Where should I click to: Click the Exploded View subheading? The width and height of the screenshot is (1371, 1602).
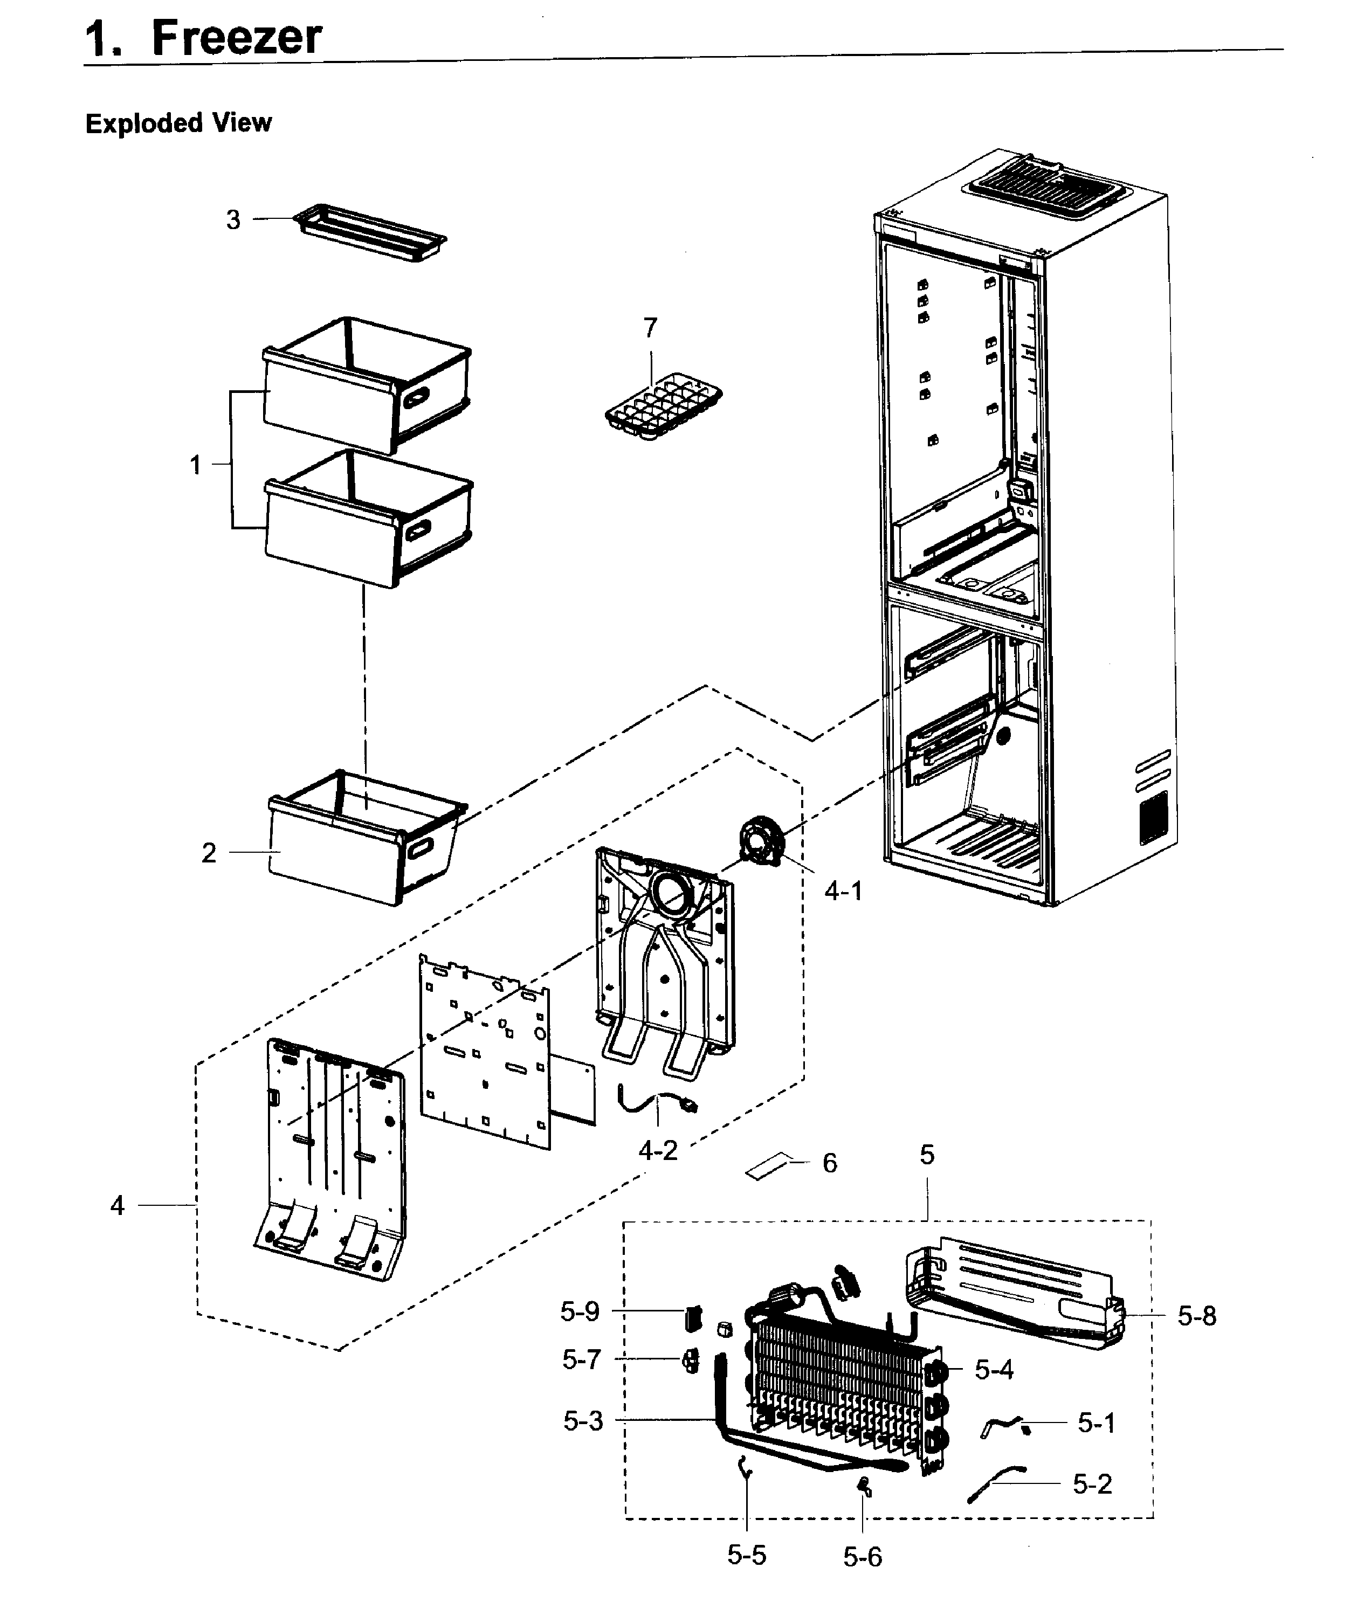(178, 123)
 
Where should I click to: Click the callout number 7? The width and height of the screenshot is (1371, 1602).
(650, 328)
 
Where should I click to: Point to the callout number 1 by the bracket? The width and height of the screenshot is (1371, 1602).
(196, 465)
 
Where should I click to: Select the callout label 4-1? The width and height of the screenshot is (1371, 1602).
(842, 892)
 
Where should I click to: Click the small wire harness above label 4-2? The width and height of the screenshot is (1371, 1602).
(657, 1102)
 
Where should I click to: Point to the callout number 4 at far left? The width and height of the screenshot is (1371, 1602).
(117, 1205)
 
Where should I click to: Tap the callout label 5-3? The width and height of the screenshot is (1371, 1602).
(582, 1420)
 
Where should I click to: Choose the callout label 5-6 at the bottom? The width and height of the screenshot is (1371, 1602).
(862, 1556)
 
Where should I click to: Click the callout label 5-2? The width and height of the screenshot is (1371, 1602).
(1092, 1484)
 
